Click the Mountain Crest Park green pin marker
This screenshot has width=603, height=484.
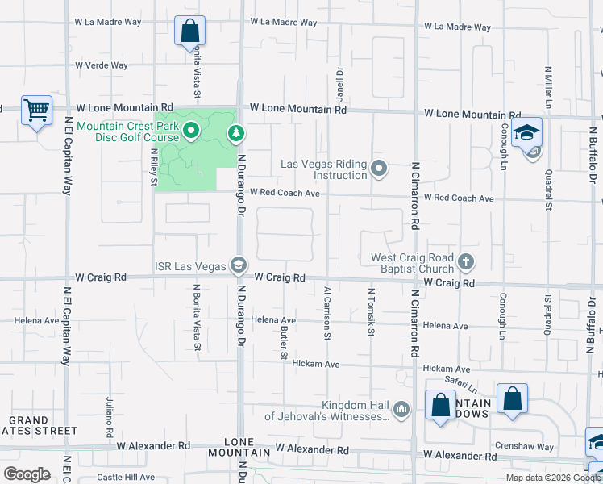pos(191,131)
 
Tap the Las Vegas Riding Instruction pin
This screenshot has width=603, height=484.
pos(380,169)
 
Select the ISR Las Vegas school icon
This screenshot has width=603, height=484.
pos(238,265)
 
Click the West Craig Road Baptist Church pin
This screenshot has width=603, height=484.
pos(465,261)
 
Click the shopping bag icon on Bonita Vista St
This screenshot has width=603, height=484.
pos(189,31)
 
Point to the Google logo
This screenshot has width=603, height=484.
pos(27,474)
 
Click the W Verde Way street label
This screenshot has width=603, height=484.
pos(102,65)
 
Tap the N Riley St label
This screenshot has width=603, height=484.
pos(154,165)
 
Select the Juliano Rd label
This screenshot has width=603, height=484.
pos(110,416)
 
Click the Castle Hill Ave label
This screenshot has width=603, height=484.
pos(125,478)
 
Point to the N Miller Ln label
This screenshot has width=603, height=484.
pos(548,88)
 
